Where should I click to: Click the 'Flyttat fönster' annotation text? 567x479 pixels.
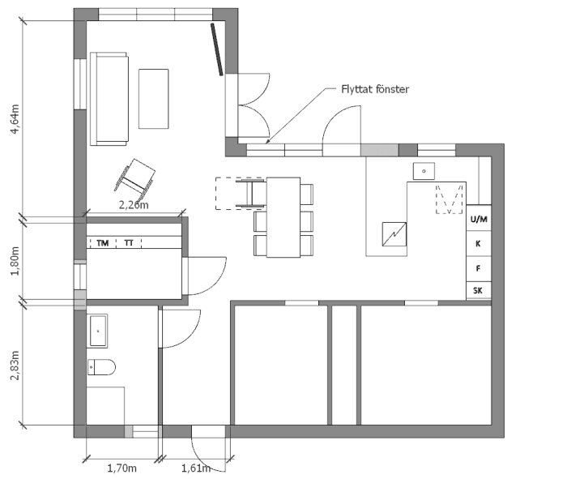pos(375,89)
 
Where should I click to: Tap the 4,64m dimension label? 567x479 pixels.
pos(15,118)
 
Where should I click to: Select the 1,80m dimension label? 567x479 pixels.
pos(15,261)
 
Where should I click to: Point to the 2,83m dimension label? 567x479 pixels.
pos(15,365)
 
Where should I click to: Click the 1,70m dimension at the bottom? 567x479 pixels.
pos(122,468)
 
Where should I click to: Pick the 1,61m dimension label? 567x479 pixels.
pos(196,468)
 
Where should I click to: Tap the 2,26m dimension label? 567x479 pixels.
pos(134,205)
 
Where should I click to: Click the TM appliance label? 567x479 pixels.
pos(103,243)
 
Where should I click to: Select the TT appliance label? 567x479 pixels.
pos(129,243)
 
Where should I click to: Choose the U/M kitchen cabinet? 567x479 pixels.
pos(479,219)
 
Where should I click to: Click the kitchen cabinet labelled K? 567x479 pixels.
pos(479,243)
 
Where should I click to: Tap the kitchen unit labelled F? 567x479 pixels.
pos(479,269)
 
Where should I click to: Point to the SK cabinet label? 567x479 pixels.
pos(478,290)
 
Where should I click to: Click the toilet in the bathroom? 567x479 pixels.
pos(101,367)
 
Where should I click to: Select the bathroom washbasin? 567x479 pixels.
pos(97,331)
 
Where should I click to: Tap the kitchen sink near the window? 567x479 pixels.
pos(424,171)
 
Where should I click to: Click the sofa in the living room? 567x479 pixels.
pos(109,99)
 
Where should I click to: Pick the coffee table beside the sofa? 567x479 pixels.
pos(153,99)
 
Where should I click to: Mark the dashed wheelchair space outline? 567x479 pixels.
pos(240,193)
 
